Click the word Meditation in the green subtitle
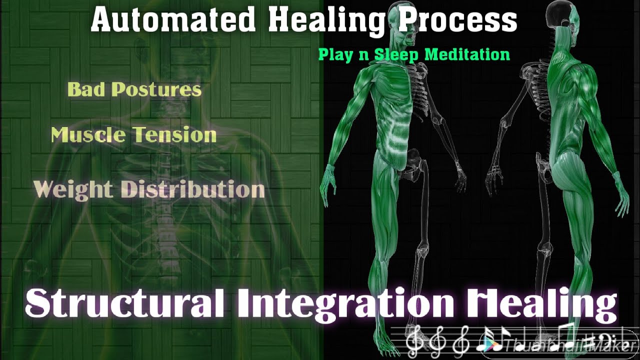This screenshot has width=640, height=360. pyautogui.click(x=467, y=54)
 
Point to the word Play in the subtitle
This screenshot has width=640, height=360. pyautogui.click(x=335, y=54)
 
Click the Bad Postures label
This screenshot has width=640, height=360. pyautogui.click(x=134, y=89)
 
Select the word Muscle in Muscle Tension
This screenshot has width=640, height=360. pyautogui.click(x=88, y=135)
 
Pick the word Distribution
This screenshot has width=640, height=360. pyautogui.click(x=193, y=189)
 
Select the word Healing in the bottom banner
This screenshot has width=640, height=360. pyautogui.click(x=540, y=303)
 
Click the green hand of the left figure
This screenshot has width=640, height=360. pyautogui.click(x=329, y=185)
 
